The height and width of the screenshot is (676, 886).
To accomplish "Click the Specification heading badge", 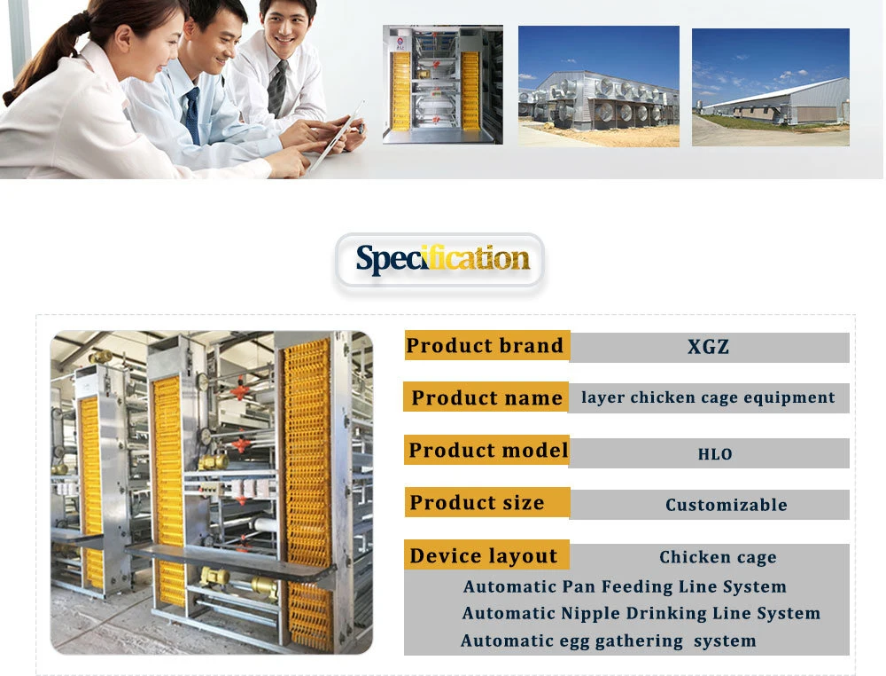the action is [x=439, y=262].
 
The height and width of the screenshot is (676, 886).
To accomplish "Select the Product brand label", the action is [x=485, y=346].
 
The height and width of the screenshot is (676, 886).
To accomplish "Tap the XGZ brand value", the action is [x=709, y=347].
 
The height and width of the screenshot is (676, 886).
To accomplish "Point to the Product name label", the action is [x=486, y=397].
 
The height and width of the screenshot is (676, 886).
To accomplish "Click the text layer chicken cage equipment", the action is [x=708, y=397].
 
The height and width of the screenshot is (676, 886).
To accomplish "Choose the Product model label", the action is [x=488, y=451].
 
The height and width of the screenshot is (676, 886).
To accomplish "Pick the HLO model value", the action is [x=715, y=454].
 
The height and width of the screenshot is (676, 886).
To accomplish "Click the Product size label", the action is [x=477, y=502].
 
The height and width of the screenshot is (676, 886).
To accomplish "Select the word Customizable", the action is [x=727, y=505].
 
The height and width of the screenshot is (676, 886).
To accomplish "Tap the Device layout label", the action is [x=484, y=556].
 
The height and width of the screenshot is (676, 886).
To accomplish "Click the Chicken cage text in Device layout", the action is [x=718, y=557].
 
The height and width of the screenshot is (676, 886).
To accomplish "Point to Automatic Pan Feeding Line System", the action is [x=625, y=586].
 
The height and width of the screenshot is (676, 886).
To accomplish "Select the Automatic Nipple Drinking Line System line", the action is [x=641, y=614].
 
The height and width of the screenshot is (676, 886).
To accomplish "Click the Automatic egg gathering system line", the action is [x=608, y=641].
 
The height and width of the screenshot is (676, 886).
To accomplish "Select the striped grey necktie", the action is [x=276, y=88].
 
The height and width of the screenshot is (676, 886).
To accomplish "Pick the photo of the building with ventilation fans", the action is [x=598, y=86].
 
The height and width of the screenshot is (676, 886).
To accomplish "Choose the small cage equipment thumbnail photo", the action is [x=442, y=84].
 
